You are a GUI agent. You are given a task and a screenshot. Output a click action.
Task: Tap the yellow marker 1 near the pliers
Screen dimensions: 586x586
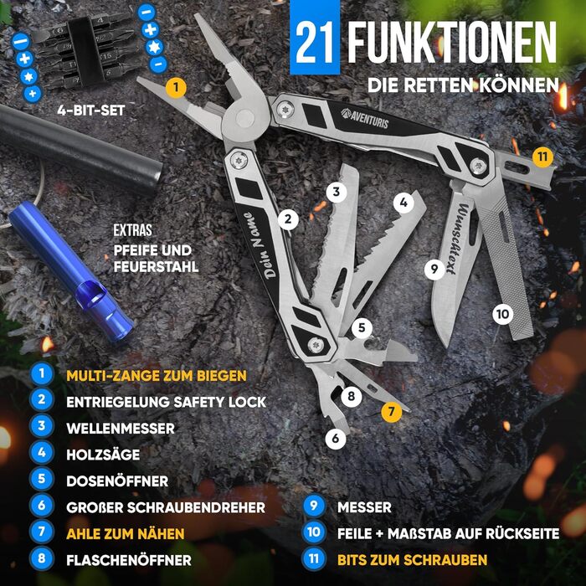(x=176, y=87)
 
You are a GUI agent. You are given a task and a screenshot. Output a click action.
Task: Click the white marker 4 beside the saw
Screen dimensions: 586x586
(x=403, y=202)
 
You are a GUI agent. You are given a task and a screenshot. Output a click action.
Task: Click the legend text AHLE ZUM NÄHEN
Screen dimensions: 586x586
(x=126, y=532)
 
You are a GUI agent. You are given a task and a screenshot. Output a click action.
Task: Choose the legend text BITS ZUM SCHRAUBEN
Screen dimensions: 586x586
(x=411, y=558)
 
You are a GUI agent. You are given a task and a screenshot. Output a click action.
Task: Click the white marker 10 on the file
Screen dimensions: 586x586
(x=501, y=315)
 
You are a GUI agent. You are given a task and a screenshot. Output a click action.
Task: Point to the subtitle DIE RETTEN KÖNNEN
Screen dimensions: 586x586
(x=462, y=85)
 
